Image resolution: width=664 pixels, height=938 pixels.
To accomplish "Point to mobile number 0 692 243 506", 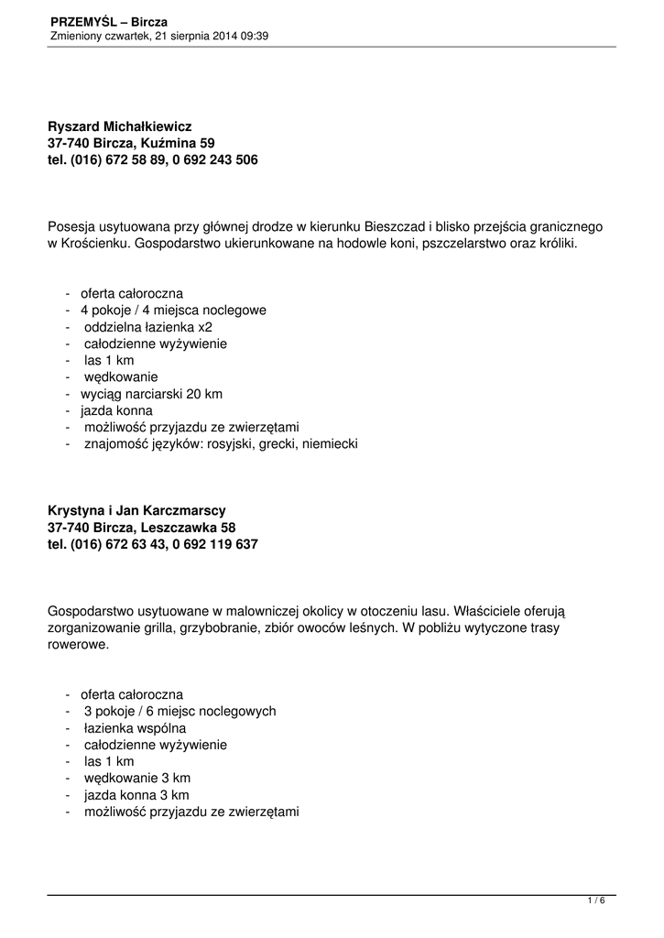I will coord(215,160).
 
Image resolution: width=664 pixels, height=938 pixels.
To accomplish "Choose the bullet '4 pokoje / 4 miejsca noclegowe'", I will coord(173,311).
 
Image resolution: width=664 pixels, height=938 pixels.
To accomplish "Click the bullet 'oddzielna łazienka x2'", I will coord(148,327).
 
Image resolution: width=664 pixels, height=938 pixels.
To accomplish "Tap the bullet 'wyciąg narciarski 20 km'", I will coord(151,394).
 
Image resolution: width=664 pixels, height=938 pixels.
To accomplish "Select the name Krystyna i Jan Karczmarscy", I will coord(136,510).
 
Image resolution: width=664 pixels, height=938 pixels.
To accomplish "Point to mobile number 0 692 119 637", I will coord(215,544).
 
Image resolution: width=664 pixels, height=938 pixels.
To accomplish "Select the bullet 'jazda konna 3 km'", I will coord(136,795).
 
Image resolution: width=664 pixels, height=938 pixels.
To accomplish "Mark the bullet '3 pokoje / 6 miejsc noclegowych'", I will coord(180,711).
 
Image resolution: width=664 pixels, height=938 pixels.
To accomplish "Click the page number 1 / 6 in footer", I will coord(596,901).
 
